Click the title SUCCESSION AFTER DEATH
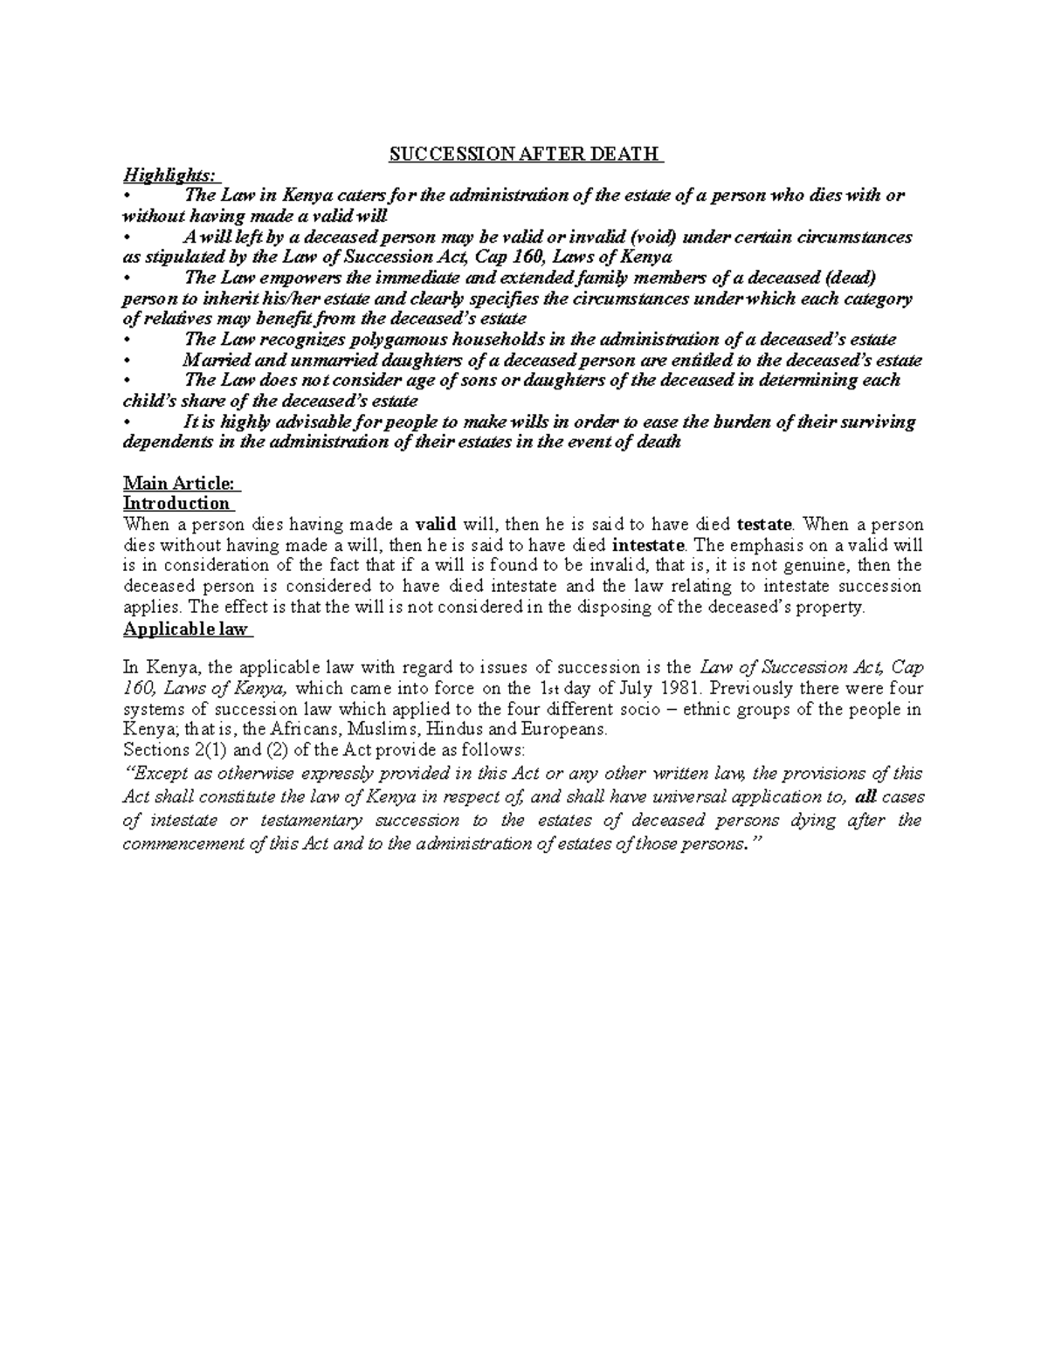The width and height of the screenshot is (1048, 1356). (x=523, y=155)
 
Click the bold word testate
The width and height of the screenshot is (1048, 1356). (x=765, y=525)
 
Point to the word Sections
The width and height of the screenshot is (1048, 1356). (x=151, y=750)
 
